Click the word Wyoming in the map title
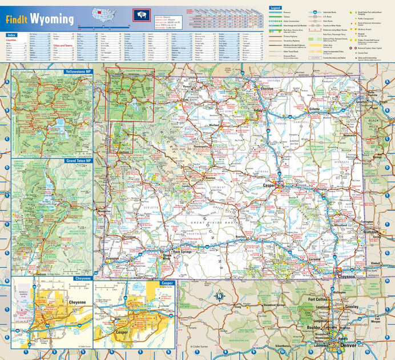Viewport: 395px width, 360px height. coord(52,19)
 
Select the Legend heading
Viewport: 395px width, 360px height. coord(275,8)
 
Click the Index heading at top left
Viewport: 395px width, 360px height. coord(12,35)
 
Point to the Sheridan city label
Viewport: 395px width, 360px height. coord(267,89)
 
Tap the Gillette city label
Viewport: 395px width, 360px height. coord(315,108)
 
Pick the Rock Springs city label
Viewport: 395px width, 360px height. coord(184,251)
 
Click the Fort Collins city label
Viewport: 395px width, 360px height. coord(319,299)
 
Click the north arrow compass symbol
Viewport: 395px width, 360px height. coord(219,296)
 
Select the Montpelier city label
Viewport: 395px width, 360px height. coord(104,211)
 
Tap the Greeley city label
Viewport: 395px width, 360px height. coord(351,306)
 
